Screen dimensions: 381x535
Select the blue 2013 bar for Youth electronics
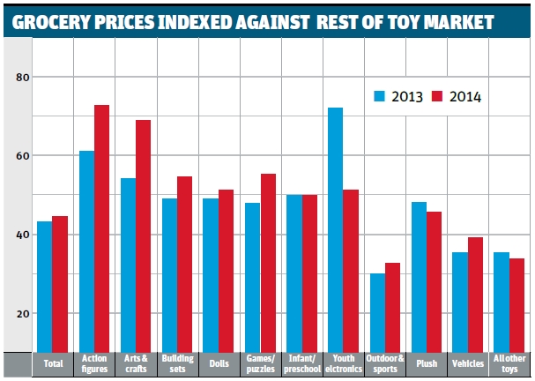pyautogui.click(x=336, y=229)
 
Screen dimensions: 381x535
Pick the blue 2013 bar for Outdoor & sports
pyautogui.click(x=377, y=312)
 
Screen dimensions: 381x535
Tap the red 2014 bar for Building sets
pyautogui.click(x=184, y=264)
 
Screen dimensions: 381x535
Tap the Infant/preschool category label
pyautogui.click(x=301, y=363)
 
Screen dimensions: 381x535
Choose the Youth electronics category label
pyautogui.click(x=343, y=363)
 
